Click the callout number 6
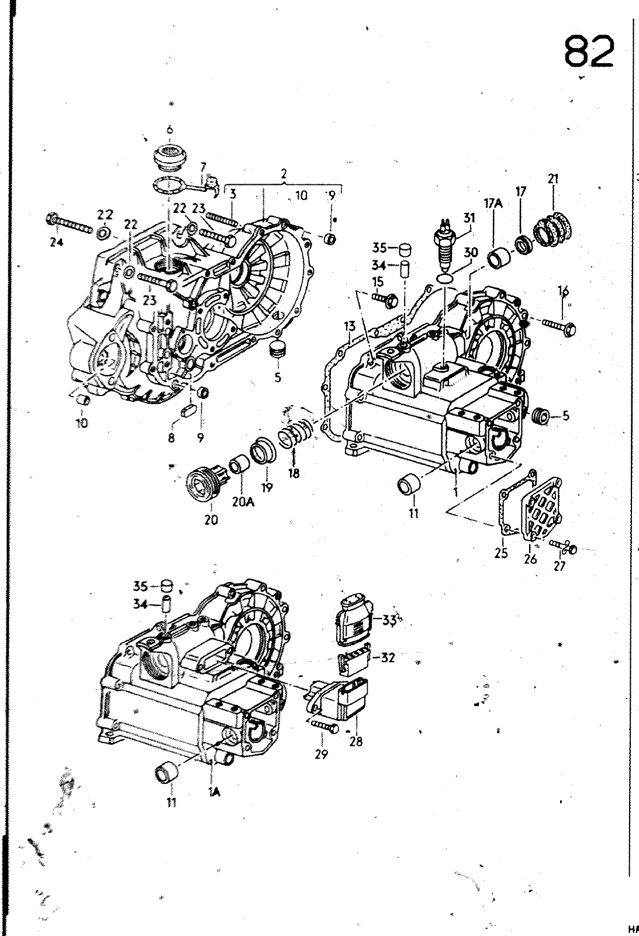click(170, 130)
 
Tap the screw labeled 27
click(563, 546)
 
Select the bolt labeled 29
click(324, 727)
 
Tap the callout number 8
click(171, 437)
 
